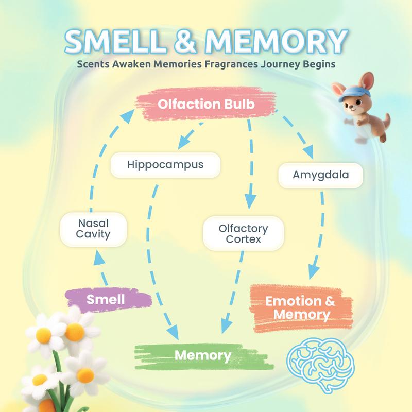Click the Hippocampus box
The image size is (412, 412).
click(165, 165)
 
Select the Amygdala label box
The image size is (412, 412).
click(321, 175)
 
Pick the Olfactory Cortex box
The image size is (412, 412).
click(243, 233)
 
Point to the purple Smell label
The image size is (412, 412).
click(106, 299)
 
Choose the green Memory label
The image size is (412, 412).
click(202, 355)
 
